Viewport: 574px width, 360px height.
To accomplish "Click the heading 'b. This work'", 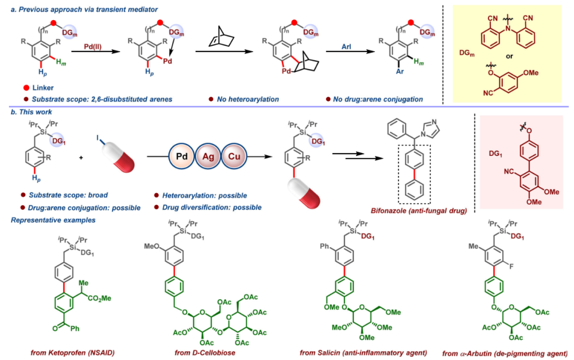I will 32,113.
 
